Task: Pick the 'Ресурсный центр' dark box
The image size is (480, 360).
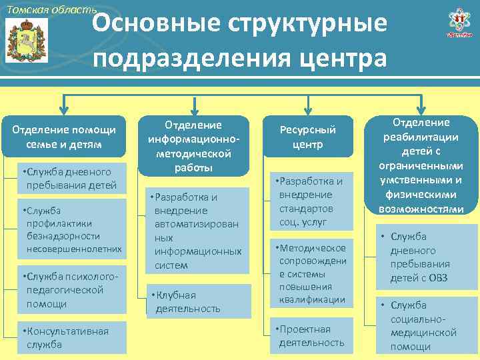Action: [307, 136]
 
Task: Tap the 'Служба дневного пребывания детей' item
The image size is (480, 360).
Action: [70, 178]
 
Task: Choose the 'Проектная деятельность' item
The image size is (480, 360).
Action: [311, 336]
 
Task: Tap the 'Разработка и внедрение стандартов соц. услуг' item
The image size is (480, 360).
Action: [311, 201]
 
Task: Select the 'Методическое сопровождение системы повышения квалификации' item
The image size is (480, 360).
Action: [311, 274]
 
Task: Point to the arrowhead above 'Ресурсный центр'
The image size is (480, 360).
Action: [307, 109]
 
